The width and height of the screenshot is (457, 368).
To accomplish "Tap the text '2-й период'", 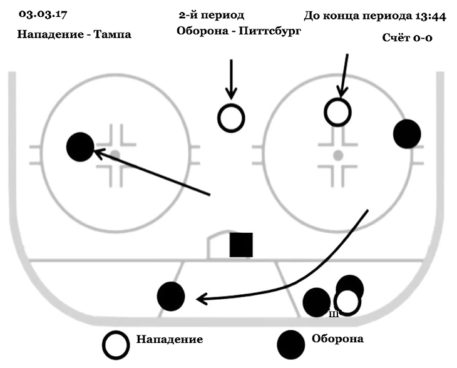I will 211,15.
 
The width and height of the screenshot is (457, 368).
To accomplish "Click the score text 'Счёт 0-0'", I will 408,38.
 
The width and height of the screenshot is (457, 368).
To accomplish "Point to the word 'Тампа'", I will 112,35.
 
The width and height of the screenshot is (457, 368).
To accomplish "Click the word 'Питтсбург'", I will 266,31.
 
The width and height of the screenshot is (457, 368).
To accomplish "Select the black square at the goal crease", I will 241,245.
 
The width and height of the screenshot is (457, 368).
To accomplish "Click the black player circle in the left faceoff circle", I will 80,147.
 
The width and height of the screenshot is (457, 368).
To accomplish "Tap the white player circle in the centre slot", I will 231,117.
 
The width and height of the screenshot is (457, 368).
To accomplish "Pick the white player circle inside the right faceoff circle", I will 338,111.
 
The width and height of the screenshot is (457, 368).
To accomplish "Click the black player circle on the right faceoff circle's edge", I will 407,134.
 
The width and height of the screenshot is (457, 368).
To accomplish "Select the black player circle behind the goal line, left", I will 171,296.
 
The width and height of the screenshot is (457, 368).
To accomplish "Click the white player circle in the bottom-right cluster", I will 347,301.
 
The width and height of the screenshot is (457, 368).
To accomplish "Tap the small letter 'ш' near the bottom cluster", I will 334,314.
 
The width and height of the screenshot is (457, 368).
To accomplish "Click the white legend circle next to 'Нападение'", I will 117,343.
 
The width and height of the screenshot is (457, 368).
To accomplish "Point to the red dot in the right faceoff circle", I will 337,154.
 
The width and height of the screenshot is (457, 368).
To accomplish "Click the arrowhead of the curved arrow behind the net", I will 201,299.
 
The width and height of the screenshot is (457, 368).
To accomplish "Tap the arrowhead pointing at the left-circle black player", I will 99,152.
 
